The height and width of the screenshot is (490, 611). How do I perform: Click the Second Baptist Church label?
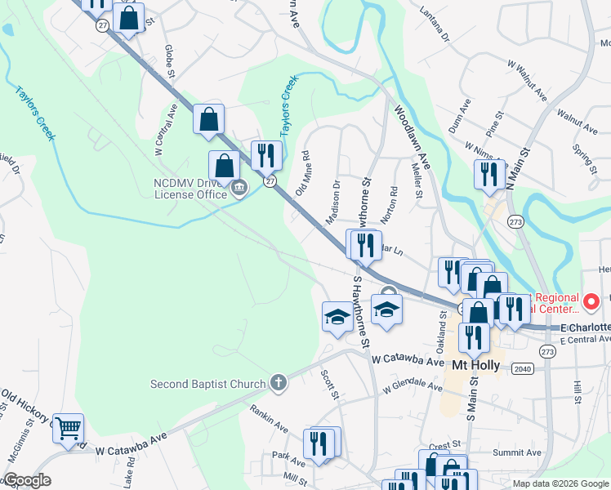[x=208, y=384]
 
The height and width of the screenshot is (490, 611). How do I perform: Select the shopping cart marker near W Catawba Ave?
[x=69, y=427]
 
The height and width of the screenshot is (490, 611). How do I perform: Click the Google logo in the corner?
[x=26, y=480]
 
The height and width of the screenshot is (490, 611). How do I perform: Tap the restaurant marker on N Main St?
[x=489, y=176]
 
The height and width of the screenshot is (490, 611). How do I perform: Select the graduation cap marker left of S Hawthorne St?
[x=336, y=318]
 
